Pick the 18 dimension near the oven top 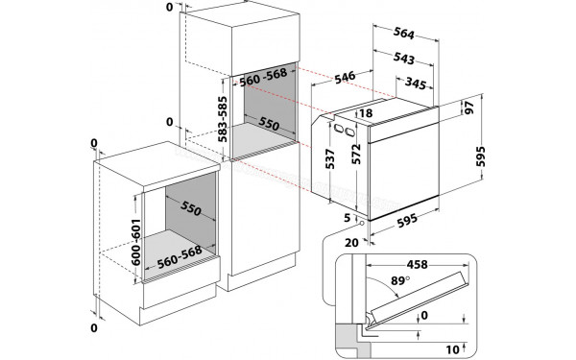point(366,114)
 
